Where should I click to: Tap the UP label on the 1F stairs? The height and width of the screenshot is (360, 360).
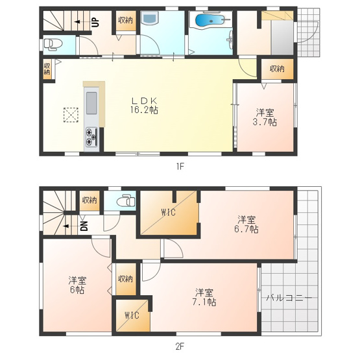(95, 22)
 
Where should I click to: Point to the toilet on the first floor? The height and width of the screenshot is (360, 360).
(53, 44)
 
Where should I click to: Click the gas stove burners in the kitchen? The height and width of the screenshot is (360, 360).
(90, 136)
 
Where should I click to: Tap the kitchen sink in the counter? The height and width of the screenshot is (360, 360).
(91, 103)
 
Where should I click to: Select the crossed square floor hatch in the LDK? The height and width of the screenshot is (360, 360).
(69, 115)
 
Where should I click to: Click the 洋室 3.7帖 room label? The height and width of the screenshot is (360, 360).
(264, 117)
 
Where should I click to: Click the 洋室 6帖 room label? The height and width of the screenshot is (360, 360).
(78, 285)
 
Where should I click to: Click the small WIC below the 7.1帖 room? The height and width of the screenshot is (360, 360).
(132, 317)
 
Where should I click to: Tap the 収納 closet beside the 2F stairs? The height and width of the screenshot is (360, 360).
(90, 200)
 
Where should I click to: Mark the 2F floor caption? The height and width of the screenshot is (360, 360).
(180, 346)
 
